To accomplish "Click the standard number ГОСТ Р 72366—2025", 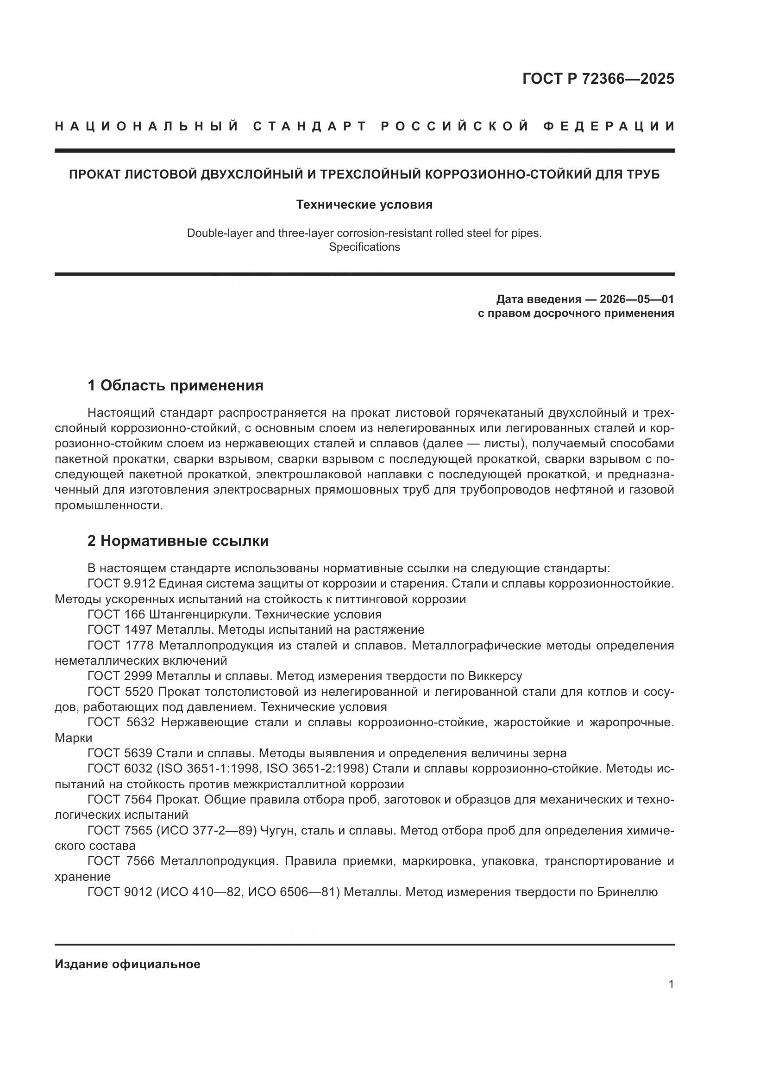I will [x=598, y=79].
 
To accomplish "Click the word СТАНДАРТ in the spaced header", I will [x=310, y=126].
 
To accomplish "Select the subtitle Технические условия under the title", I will [x=364, y=204].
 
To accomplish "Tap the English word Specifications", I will [x=364, y=247].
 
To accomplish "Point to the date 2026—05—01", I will [x=636, y=299].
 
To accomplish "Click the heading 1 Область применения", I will [x=175, y=385].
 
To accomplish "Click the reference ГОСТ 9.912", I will [x=121, y=583].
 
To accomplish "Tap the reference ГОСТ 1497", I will [x=120, y=630].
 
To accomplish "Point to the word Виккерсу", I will [x=495, y=676].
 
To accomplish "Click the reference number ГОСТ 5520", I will [x=120, y=692].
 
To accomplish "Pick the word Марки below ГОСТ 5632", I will [x=74, y=738].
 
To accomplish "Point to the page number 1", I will [x=671, y=984].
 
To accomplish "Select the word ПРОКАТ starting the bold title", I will [x=94, y=174].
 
